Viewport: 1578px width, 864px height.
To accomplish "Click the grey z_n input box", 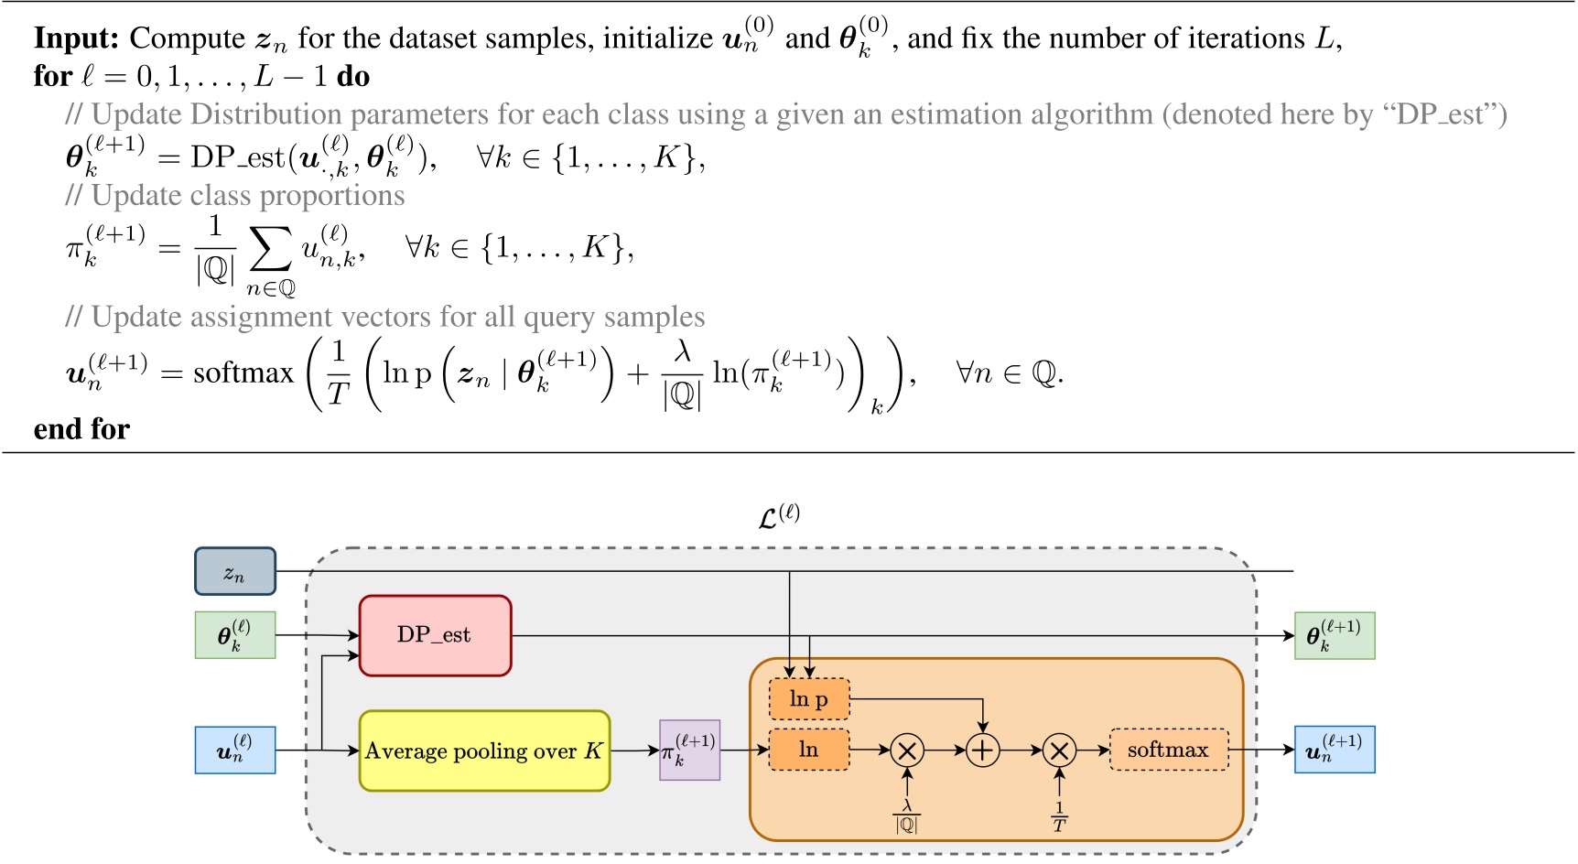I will tap(235, 572).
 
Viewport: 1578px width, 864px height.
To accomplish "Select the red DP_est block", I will tap(435, 635).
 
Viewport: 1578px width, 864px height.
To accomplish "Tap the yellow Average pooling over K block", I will tap(484, 751).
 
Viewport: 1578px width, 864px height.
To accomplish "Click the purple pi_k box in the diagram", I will tap(689, 751).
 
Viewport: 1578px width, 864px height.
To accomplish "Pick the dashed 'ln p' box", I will tap(809, 699).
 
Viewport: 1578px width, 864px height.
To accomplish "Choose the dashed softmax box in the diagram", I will tap(1168, 751).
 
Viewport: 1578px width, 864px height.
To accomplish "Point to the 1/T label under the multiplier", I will tap(1059, 817).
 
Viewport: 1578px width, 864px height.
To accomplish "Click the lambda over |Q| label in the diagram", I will tap(906, 815).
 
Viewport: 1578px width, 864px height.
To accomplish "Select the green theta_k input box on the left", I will tap(235, 635).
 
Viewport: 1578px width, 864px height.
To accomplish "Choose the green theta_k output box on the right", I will tap(1334, 636).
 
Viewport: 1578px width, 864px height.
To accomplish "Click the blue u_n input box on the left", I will tap(235, 751).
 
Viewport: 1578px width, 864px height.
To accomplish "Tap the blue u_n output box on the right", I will tap(1334, 751).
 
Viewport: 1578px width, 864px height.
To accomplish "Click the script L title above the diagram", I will tap(779, 517).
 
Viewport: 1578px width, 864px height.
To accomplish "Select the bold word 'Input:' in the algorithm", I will tap(76, 38).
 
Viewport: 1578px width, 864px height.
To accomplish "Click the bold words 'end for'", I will tap(81, 429).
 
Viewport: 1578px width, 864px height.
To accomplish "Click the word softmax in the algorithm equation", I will tap(243, 373).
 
